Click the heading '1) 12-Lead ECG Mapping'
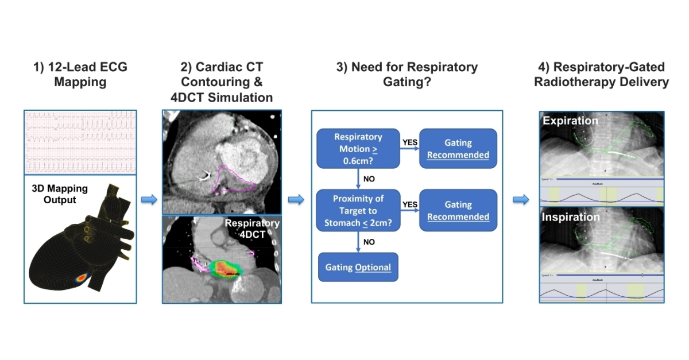click(80, 75)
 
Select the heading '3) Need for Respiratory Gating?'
click(407, 75)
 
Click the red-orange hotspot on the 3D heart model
click(81, 277)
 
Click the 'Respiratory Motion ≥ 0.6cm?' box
click(358, 148)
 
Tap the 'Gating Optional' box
click(358, 267)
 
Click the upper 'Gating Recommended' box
click(458, 148)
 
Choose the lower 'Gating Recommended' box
click(458, 210)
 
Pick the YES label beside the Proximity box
click(409, 204)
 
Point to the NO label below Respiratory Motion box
click(369, 179)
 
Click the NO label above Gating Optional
click(369, 242)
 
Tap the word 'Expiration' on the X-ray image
click(570, 121)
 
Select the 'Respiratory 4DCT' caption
click(252, 229)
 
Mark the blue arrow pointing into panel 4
click(521, 199)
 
